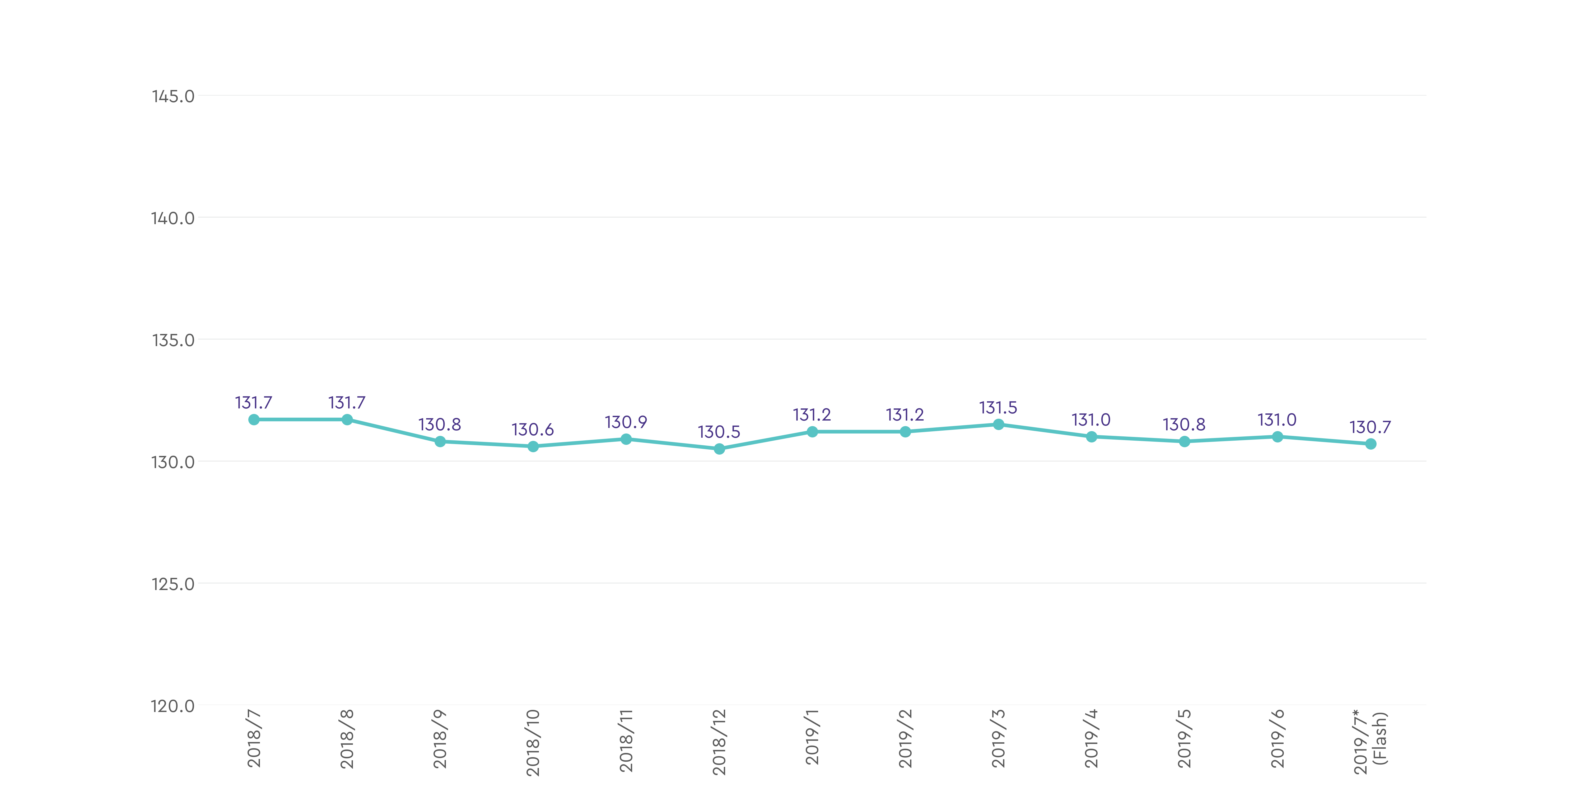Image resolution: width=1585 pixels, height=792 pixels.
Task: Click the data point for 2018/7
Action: pos(254,419)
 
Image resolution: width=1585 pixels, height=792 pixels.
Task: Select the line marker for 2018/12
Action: pos(719,449)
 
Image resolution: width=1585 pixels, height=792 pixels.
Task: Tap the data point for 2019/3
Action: pos(998,424)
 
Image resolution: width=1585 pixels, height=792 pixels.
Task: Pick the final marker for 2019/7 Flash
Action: pos(1370,444)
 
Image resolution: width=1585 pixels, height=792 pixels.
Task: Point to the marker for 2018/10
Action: pos(533,446)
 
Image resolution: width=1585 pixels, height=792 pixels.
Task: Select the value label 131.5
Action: pos(998,408)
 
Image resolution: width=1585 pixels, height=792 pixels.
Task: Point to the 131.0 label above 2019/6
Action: pos(1277,420)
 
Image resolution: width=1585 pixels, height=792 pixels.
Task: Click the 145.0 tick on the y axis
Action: pos(173,97)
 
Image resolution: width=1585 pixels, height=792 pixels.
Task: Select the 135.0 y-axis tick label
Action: pos(173,340)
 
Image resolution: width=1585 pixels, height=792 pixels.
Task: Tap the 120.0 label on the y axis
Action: pos(173,706)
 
